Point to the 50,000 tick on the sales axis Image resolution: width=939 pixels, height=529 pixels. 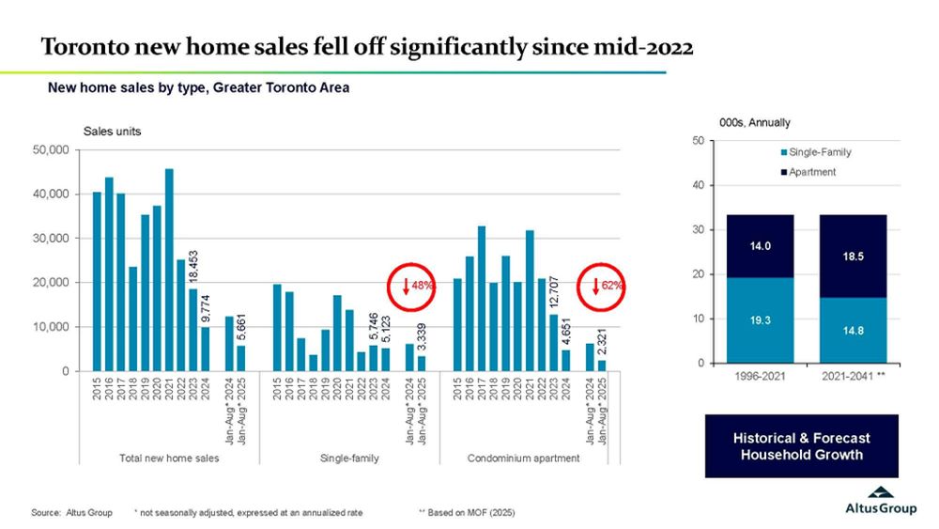click(x=51, y=149)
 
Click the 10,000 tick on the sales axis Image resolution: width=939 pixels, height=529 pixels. click(x=51, y=327)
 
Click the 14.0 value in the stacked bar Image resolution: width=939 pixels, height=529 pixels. click(x=761, y=246)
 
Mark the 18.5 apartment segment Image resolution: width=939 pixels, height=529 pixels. click(x=853, y=256)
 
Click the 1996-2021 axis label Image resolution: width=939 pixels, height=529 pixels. click(x=761, y=377)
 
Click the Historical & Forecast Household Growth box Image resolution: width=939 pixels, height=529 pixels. click(x=801, y=446)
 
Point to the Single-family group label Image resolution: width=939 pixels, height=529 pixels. click(x=348, y=458)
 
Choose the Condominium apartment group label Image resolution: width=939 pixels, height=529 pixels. click(x=523, y=458)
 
